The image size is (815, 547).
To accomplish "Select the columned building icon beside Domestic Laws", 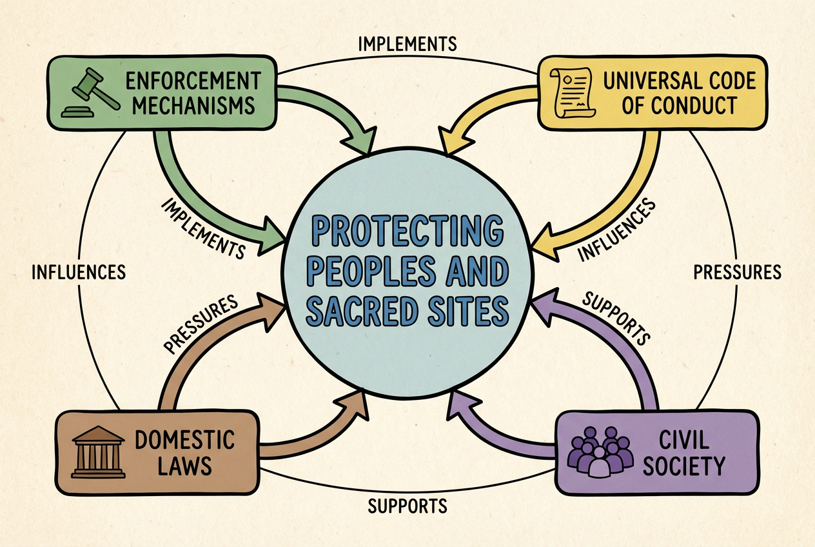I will [x=97, y=451].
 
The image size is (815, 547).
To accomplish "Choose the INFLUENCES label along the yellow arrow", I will [x=616, y=230].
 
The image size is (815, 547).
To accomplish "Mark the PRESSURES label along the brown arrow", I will [x=201, y=324].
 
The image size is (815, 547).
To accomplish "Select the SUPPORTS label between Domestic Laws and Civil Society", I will [x=407, y=506].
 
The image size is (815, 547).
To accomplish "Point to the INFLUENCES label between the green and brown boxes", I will [x=78, y=272].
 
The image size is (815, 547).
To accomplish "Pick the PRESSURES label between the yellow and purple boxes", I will [x=737, y=272].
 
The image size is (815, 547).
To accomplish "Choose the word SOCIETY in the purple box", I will [x=684, y=464].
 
